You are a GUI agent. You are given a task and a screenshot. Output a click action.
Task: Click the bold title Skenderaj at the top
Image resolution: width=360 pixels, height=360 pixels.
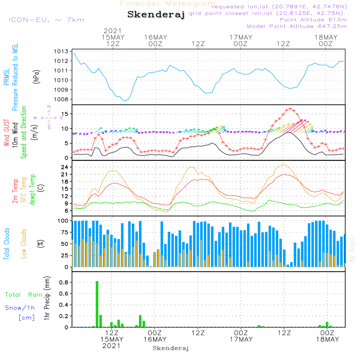(156, 15)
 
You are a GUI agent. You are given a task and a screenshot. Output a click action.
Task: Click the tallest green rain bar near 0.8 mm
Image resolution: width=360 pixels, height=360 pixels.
(97, 304)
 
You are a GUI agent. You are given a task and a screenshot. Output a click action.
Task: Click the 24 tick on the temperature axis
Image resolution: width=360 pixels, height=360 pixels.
(64, 167)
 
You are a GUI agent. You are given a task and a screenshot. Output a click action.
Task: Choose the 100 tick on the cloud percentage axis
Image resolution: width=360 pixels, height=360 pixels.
(63, 220)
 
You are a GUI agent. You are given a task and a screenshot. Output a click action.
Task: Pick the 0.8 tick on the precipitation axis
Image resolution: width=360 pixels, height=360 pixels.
(63, 283)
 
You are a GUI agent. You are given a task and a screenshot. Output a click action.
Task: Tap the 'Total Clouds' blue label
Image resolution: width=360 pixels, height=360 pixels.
(7, 243)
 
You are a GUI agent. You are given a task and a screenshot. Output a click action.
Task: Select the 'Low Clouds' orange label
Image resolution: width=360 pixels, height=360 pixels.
(24, 243)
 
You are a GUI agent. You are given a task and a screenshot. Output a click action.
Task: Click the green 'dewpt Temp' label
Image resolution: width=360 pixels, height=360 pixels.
(32, 190)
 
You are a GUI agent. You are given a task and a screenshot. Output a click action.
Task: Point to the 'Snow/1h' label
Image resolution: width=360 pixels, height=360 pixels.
(20, 308)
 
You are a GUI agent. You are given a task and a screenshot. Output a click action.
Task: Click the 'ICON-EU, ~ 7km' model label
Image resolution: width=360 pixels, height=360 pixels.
(46, 20)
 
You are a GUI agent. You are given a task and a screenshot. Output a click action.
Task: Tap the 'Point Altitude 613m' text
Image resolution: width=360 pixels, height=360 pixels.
(313, 20)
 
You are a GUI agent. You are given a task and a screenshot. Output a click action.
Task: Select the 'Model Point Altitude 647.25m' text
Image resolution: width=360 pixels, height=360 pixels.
(297, 26)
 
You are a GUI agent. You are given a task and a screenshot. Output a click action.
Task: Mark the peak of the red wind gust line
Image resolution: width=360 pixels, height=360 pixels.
(290, 108)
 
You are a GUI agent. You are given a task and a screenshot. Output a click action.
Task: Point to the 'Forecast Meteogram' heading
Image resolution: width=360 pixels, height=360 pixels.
(168, 4)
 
